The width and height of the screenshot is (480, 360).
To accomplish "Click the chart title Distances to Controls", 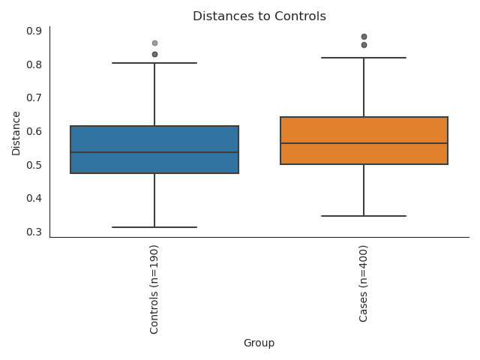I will click(259, 16).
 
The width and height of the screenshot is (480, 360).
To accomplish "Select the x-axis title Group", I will click(259, 343).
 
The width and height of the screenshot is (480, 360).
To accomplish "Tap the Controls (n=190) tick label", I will click(154, 289).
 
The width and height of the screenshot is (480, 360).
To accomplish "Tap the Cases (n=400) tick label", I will click(364, 284).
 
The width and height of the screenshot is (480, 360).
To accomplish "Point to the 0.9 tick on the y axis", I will click(34, 31).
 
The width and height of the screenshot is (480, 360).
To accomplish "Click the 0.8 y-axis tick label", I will click(34, 64).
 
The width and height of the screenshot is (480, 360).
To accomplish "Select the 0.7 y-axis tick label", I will click(34, 97).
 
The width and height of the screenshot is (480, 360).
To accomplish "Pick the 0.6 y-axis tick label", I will click(34, 131).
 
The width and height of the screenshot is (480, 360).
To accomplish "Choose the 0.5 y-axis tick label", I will click(34, 165).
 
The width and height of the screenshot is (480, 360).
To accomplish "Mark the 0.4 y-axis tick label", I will click(34, 198).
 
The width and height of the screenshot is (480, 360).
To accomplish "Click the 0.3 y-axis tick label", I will click(34, 232).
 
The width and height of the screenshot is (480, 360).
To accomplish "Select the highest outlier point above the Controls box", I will click(154, 43).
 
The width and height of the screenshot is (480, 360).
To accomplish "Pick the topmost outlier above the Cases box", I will click(364, 37).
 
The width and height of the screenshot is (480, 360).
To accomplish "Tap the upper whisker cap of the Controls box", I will click(154, 63).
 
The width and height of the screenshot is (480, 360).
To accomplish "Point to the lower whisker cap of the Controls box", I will click(154, 227).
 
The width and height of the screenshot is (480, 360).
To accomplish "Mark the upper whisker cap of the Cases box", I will click(364, 58).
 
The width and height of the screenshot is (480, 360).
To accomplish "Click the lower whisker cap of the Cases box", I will click(364, 216).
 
